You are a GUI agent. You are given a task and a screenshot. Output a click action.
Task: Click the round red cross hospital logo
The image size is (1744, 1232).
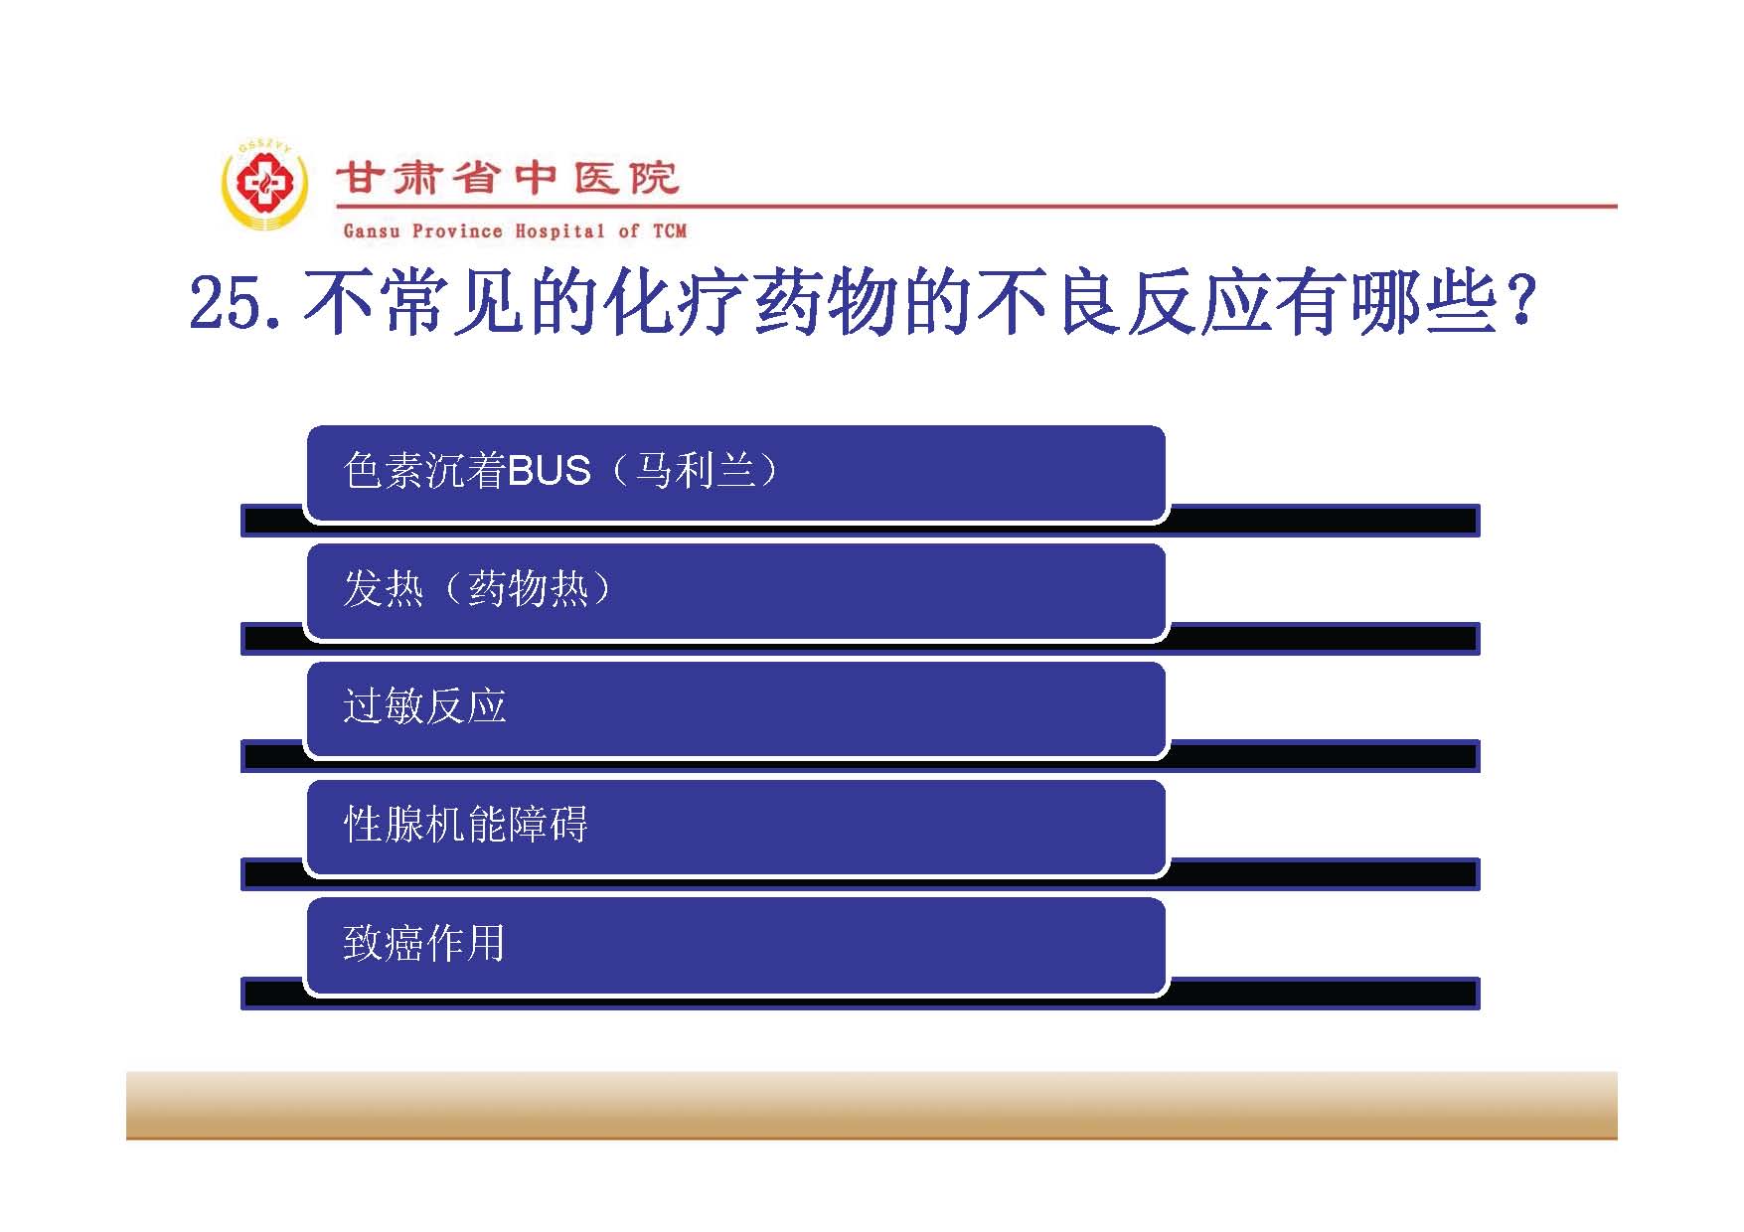[x=264, y=186]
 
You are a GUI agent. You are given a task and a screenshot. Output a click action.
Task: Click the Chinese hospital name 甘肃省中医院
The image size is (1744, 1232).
[x=508, y=179]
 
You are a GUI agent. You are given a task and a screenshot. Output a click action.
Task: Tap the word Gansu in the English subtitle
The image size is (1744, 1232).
[x=372, y=231]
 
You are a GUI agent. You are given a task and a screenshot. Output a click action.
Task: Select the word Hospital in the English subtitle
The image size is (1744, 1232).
[x=559, y=231]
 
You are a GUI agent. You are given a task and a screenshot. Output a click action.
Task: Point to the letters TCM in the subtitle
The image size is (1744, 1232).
[x=670, y=231]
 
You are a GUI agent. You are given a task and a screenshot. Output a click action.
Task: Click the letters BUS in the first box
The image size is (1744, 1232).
[x=550, y=471]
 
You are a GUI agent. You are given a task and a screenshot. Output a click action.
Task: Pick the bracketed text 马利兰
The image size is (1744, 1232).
[x=696, y=470]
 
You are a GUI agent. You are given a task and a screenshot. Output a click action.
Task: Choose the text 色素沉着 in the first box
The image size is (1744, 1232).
[x=425, y=470]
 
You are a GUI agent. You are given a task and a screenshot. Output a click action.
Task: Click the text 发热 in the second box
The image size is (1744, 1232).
[x=384, y=588]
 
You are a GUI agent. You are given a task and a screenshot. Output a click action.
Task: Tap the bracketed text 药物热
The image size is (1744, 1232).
[x=528, y=588]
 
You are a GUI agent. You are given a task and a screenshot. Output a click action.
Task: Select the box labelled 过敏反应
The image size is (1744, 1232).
[x=735, y=709]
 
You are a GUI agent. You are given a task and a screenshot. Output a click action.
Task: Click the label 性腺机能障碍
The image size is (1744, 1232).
[x=466, y=825]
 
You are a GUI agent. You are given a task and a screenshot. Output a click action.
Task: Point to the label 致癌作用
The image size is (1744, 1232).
[x=424, y=943]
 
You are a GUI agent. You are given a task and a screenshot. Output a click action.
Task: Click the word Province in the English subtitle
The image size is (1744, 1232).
[x=457, y=231]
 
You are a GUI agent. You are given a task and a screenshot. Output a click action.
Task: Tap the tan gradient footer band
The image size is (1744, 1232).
[x=872, y=1105]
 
